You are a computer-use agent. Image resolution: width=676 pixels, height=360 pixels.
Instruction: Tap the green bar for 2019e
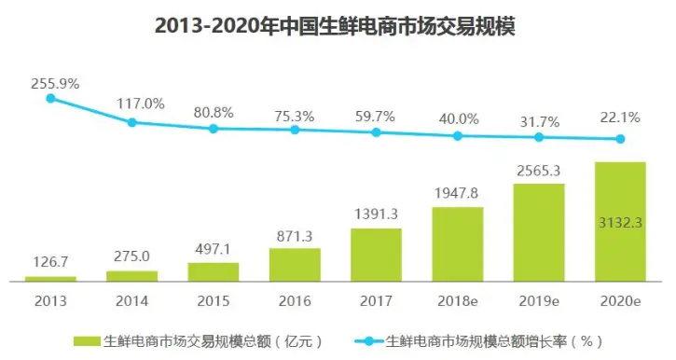tap(539, 232)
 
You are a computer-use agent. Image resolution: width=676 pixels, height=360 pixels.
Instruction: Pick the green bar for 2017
tap(376, 255)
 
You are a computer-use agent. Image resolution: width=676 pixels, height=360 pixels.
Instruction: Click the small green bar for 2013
tap(51, 278)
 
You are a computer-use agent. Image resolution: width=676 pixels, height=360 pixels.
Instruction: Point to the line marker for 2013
tap(51, 97)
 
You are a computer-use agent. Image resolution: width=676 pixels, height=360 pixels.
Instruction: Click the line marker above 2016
tap(295, 130)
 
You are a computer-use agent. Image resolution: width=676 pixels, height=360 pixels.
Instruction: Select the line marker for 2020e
tap(620, 140)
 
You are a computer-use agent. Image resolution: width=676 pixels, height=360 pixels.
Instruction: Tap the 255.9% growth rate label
tap(55, 83)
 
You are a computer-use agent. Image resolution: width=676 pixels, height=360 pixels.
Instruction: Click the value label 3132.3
tap(620, 222)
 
